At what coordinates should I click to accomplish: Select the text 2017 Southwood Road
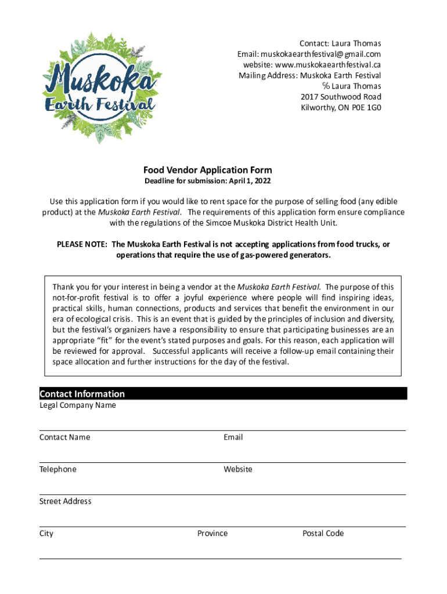tap(341, 97)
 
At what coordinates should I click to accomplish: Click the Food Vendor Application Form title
tap(208, 170)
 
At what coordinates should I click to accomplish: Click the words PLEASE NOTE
tap(81, 244)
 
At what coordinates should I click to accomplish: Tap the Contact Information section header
tap(82, 394)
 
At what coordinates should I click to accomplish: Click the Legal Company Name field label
tap(77, 405)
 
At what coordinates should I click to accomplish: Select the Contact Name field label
tap(64, 437)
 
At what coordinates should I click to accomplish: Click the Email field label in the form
tap(233, 437)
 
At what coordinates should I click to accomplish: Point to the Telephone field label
tap(57, 469)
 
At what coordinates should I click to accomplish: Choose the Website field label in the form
tap(237, 469)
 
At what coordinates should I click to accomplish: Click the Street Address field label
tap(65, 501)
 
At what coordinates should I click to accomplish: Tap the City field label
tap(46, 533)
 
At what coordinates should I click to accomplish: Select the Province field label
tap(212, 533)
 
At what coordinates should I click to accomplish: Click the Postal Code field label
tap(323, 533)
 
